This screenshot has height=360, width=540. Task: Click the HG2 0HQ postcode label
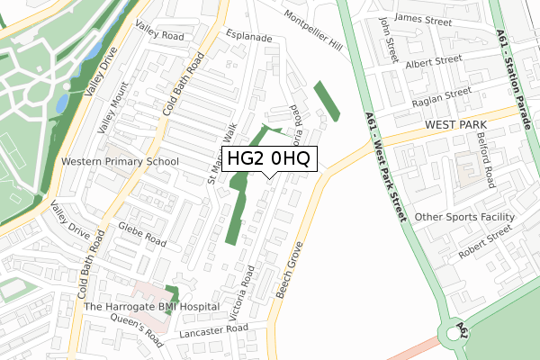tap(269, 159)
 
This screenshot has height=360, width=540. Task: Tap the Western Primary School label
tap(120, 162)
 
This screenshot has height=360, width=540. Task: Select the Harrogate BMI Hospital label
tap(151, 307)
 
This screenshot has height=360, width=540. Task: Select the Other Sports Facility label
tap(464, 217)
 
